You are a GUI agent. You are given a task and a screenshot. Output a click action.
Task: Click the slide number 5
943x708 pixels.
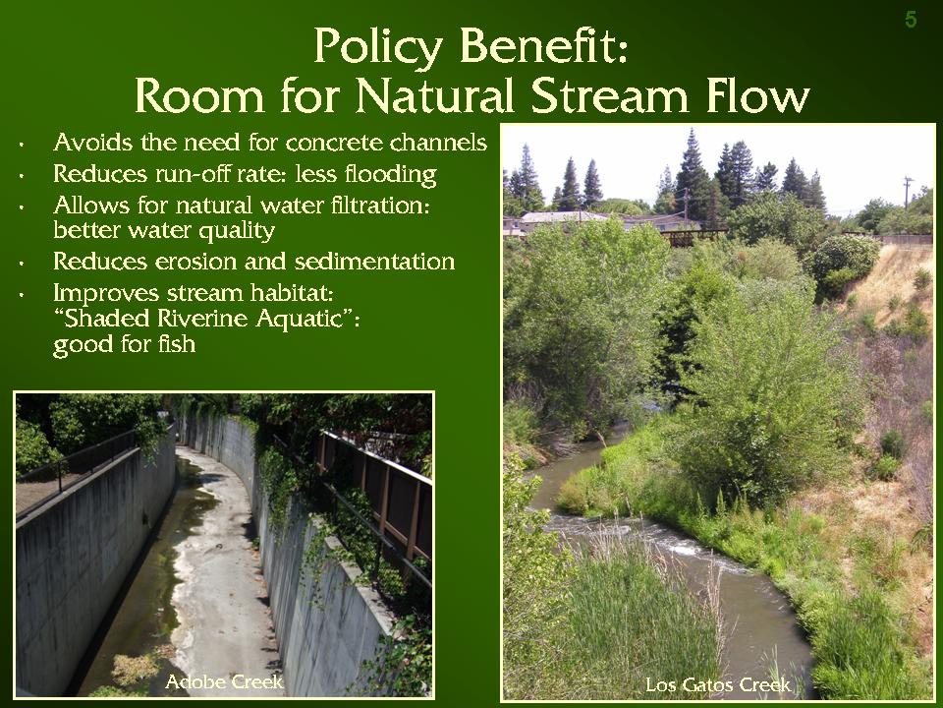tap(912, 20)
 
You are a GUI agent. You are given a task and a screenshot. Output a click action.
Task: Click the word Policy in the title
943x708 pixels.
tap(378, 47)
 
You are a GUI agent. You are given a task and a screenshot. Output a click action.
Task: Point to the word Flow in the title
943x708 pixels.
tap(758, 95)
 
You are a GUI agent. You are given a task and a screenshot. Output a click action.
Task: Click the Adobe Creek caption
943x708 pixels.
tap(224, 681)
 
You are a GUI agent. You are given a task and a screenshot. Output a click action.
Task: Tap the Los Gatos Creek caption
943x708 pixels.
tap(718, 684)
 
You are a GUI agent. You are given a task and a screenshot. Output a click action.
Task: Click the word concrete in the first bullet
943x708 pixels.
tap(334, 143)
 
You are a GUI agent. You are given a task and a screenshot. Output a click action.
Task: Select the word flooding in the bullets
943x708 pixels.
tap(390, 175)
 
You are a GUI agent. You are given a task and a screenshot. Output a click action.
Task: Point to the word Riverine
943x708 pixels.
tap(202, 318)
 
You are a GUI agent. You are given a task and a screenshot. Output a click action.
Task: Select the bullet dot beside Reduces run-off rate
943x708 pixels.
tap(22, 176)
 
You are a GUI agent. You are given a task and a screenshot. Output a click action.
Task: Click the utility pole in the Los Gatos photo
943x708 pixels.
tap(908, 193)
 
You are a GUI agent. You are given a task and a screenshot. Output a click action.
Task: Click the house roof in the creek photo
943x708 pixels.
tap(562, 216)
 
